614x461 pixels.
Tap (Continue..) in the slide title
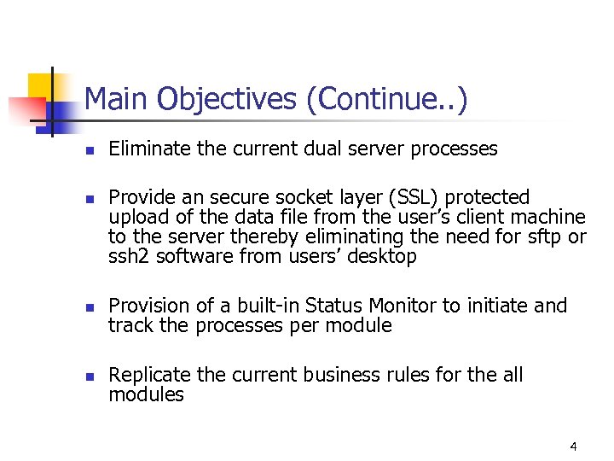(386, 101)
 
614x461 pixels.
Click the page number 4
(573, 446)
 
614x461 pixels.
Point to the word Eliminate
(148, 149)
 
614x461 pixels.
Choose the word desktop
(382, 256)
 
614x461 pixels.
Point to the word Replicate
(149, 375)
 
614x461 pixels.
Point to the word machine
(551, 217)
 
